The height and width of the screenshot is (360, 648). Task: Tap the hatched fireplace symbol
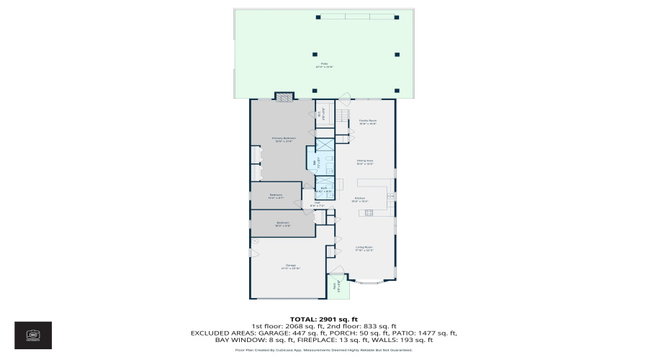(x=285, y=95)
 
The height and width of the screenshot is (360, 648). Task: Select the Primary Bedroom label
(x=284, y=139)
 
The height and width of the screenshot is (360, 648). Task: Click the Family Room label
(x=368, y=122)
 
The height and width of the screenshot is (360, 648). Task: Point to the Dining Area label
(x=365, y=162)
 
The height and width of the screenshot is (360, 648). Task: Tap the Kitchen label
(x=359, y=199)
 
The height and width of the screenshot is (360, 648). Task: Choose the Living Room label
(x=364, y=249)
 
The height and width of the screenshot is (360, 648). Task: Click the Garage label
(x=291, y=266)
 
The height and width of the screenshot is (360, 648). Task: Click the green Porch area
(x=337, y=286)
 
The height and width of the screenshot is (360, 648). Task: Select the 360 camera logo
(x=33, y=335)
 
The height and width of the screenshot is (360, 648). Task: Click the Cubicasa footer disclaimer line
(x=323, y=351)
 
